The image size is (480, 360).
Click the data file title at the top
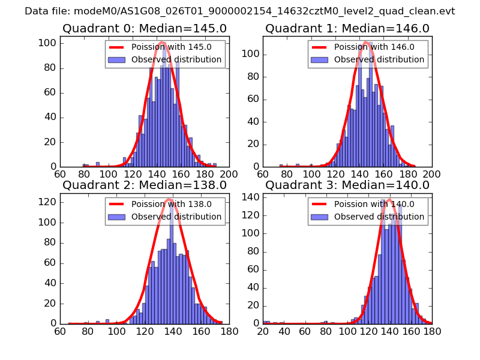(240, 11)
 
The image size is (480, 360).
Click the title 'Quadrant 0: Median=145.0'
(145, 28)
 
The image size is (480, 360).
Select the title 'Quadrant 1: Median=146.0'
(347, 28)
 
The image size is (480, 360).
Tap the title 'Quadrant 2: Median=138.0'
(145, 185)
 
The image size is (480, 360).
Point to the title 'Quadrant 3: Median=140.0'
(347, 185)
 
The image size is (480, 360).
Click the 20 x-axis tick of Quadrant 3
(263, 331)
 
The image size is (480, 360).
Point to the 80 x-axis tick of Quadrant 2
(88, 331)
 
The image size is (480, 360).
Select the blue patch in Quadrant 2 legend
(117, 217)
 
